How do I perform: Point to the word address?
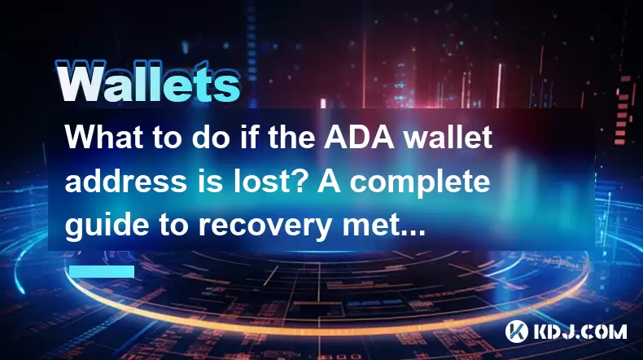point(126,181)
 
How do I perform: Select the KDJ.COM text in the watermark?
point(580,331)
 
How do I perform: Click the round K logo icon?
point(517,331)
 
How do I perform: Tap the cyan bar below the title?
point(102,271)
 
